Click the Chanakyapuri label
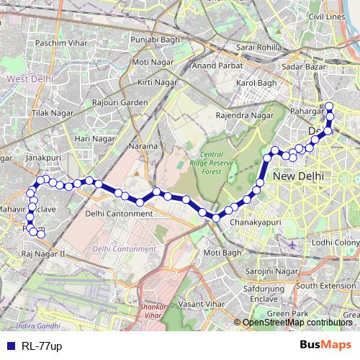253,223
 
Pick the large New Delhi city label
298,176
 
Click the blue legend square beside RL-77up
9,346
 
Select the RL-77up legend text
42,346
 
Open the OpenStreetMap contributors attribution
297,323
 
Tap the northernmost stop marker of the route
329,107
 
